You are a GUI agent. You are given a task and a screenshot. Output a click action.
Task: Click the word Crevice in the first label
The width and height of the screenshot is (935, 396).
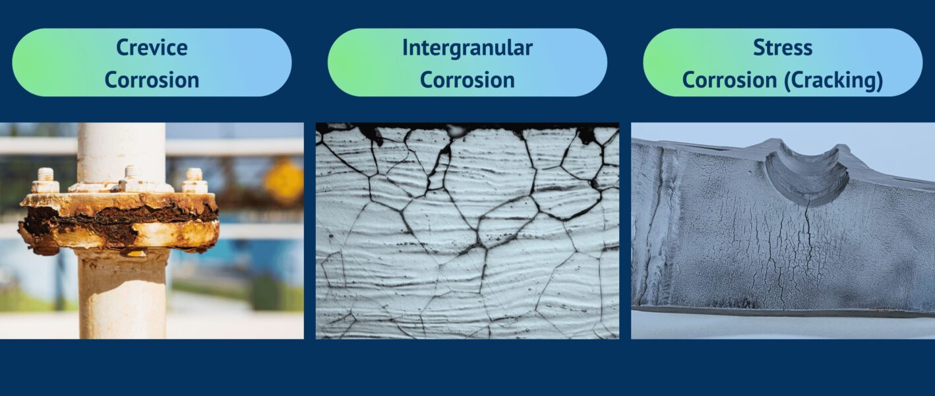(152, 48)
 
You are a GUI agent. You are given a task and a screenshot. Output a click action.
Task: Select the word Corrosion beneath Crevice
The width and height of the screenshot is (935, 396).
(152, 80)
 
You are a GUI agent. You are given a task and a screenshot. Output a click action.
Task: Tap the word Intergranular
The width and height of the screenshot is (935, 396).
(467, 48)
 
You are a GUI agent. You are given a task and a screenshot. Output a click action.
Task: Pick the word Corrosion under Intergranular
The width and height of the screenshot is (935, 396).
(467, 80)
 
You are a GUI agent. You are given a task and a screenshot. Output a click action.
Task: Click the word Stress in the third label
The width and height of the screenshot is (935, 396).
(783, 48)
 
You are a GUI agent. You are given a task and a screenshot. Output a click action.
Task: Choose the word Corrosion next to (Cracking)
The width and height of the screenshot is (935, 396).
(730, 80)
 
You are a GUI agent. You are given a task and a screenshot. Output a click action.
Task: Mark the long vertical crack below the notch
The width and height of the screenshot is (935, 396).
(805, 251)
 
